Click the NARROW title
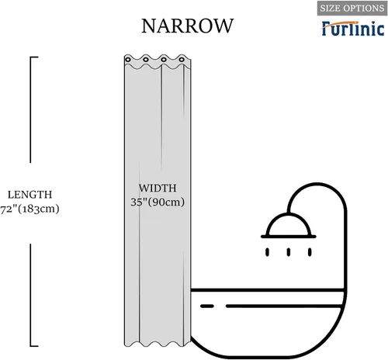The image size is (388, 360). point(188,26)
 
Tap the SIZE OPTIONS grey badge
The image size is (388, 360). point(352,8)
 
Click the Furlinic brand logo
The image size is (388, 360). point(353,29)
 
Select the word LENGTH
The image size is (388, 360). point(29,195)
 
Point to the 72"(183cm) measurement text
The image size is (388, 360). point(29,209)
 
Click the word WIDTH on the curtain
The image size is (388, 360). point(158,188)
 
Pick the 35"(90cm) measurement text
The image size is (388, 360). point(158,202)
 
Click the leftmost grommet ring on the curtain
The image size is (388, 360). point(128,60)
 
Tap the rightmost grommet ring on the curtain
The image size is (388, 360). point(182,60)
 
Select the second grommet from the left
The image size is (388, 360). point(146,60)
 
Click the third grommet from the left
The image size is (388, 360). point(164,60)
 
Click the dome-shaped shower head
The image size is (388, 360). point(289,226)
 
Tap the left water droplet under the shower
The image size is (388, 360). point(267,252)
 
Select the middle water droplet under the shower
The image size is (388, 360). point(289,252)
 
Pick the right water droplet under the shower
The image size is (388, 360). point(310,252)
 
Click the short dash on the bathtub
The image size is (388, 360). point(207,306)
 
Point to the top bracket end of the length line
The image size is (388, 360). point(34,57)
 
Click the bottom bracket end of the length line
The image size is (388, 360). point(34,345)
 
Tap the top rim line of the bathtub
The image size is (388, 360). point(268,290)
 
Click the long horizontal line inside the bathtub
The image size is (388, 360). point(284,306)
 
